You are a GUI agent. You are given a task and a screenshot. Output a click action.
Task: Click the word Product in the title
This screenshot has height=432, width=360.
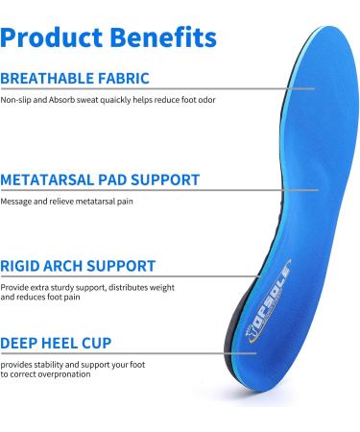click(54, 37)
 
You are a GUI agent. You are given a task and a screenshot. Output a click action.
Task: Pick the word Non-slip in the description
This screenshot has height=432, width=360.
click(16, 100)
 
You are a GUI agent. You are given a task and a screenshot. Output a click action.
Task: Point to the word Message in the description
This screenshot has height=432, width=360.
click(17, 201)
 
